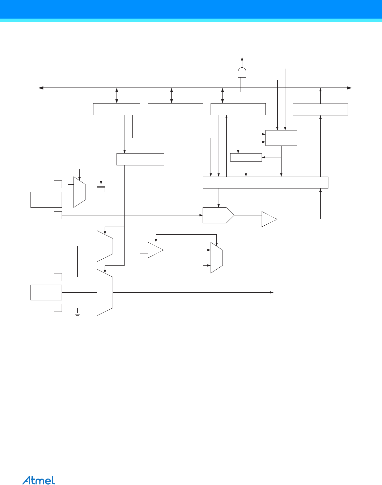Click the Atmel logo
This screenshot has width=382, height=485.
point(39,480)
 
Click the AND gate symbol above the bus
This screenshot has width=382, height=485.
point(242,73)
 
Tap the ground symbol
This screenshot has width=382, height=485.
point(77,313)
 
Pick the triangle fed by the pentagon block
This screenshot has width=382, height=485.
point(269,219)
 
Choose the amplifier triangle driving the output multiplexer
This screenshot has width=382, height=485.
point(155,250)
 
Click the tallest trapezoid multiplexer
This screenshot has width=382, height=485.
point(105,292)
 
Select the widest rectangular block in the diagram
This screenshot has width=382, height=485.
point(265,182)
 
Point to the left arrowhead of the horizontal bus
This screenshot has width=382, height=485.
point(41,88)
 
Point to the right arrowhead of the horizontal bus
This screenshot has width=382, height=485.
point(350,88)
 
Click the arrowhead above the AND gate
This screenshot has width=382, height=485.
point(242,59)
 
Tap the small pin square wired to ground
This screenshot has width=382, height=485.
point(58,308)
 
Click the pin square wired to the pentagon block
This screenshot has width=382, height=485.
point(58,215)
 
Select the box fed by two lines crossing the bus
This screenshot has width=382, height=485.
point(281,138)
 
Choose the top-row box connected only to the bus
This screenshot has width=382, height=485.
point(175,109)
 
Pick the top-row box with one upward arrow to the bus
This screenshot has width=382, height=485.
point(320,109)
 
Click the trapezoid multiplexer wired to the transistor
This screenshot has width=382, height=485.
point(79,192)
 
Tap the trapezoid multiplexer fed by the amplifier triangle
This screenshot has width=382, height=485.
point(216,258)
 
